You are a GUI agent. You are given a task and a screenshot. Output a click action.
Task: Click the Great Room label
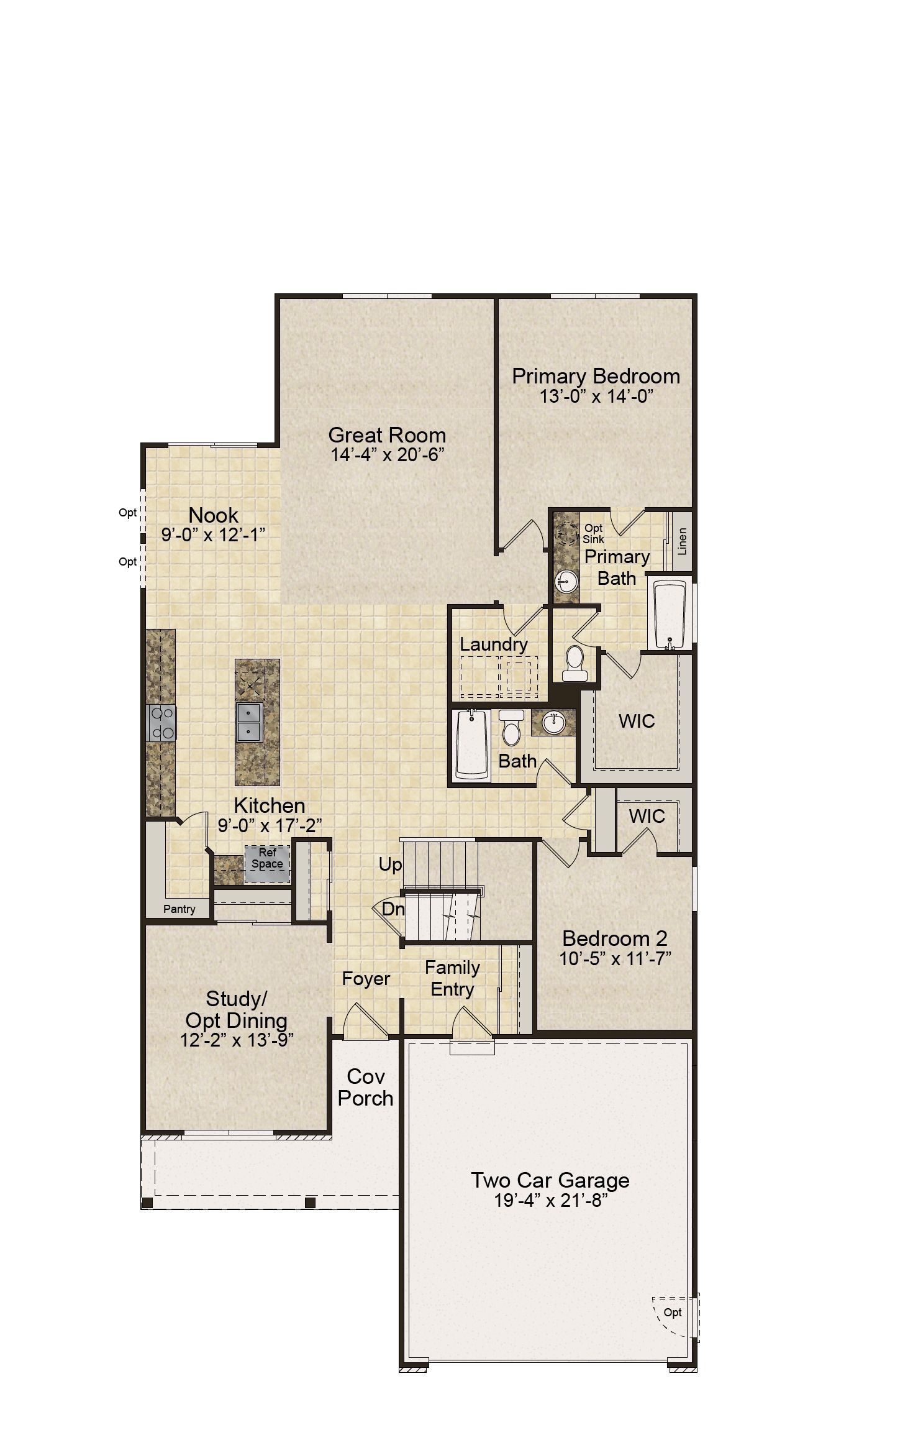pos(387,435)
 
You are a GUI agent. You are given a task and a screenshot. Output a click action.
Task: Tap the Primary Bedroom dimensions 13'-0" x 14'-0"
pos(596,396)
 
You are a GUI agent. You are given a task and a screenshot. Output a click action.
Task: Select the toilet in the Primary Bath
pos(574,663)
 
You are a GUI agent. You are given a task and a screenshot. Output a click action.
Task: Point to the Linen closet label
pos(683,541)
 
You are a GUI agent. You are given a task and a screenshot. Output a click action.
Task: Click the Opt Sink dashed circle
pos(566,533)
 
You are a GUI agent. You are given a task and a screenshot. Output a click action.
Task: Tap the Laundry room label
pos(493,644)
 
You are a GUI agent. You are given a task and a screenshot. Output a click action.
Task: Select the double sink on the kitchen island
pos(249,722)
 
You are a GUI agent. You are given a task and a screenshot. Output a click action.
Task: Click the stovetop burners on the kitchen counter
pos(161,723)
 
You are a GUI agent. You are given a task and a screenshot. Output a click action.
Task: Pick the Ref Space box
pos(267,864)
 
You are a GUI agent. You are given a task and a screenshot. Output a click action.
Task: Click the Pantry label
pos(179,909)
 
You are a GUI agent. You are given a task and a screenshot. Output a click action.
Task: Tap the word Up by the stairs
pos(390,865)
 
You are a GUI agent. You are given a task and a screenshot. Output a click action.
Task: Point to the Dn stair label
pos(393,909)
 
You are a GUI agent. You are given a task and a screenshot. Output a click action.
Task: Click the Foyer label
pos(366,979)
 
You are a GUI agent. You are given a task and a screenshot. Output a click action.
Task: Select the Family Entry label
pos(452,978)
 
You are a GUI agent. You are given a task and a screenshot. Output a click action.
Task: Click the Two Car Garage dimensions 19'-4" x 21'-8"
pos(550,1200)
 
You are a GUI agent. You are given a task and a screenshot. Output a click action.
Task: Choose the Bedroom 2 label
pos(615,938)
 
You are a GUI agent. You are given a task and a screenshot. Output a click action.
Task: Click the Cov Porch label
pos(366,1087)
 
